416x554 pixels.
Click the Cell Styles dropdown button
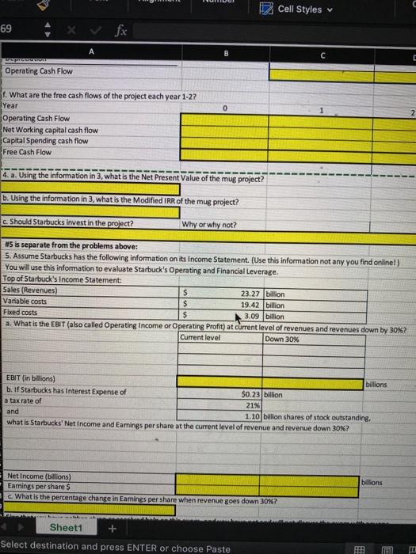294,9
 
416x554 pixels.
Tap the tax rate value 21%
254,404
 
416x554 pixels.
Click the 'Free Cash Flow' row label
30,151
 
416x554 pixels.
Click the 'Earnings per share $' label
35,486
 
